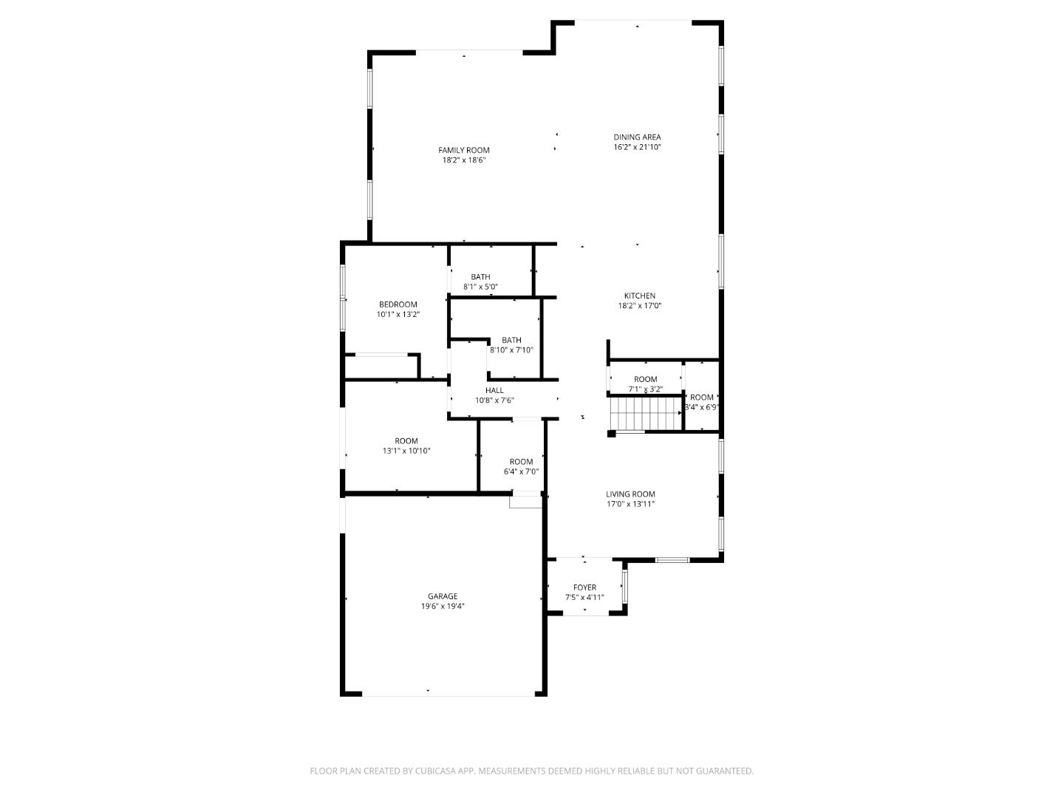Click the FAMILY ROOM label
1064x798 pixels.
click(463, 150)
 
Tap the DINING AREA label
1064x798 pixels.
click(637, 137)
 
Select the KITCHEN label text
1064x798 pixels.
click(639, 296)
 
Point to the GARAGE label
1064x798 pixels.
click(442, 596)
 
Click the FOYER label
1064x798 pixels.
click(584, 587)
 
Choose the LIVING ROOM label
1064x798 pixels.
click(630, 494)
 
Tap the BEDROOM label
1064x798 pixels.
click(398, 304)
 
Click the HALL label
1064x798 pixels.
click(494, 390)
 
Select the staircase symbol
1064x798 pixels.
click(646, 413)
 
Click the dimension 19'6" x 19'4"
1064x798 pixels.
click(443, 606)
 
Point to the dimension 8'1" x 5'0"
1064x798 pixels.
click(480, 287)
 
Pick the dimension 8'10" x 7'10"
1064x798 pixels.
click(511, 349)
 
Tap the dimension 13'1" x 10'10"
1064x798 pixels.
click(406, 451)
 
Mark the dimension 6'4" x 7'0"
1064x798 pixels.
click(521, 471)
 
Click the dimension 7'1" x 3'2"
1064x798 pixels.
click(645, 389)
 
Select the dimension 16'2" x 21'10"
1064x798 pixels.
click(637, 147)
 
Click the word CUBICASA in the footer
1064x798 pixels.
click(435, 771)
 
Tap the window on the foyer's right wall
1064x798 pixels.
click(625, 586)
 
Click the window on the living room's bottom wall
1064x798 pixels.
click(672, 560)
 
